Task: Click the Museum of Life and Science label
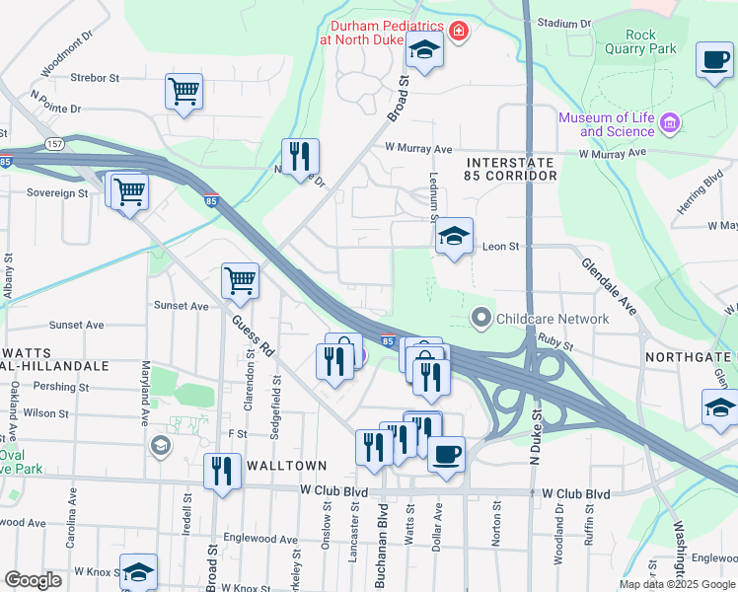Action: [606, 124]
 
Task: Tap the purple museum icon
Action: [671, 123]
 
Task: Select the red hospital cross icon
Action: [459, 33]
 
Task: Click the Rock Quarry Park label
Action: [640, 41]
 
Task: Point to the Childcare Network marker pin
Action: [481, 318]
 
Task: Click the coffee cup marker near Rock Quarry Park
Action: [713, 59]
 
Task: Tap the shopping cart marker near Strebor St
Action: [184, 92]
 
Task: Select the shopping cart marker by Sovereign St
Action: [129, 192]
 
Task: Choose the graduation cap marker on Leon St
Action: [454, 236]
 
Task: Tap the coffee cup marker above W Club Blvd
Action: [446, 455]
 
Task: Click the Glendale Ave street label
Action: [610, 286]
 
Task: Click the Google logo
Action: [34, 580]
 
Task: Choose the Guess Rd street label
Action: [253, 335]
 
